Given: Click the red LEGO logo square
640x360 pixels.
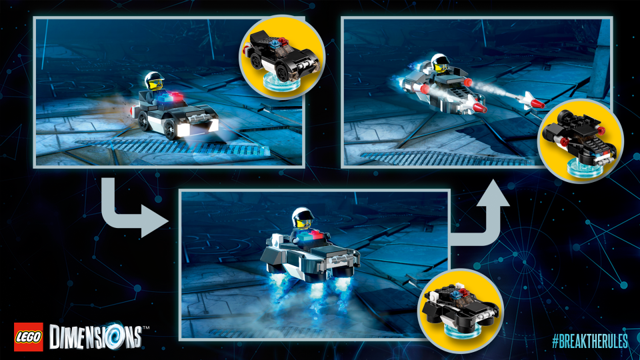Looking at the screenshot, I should tap(29, 337).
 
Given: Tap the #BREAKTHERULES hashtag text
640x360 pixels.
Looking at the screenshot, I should tap(589, 341).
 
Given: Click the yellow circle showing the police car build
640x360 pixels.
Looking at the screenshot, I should tap(282, 57).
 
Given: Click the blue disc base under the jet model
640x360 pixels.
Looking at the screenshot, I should tap(581, 167).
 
